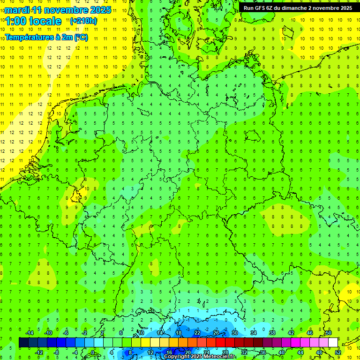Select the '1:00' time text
click(15, 21)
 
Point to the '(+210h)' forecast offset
click(83, 21)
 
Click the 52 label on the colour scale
click(338, 352)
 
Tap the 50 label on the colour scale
click(329, 333)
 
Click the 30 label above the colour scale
click(235, 333)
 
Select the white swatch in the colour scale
click(333, 342)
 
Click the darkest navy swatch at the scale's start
click(23, 342)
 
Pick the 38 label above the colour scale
click(272, 333)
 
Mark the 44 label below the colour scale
click(300, 352)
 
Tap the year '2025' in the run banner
click(346, 8)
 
